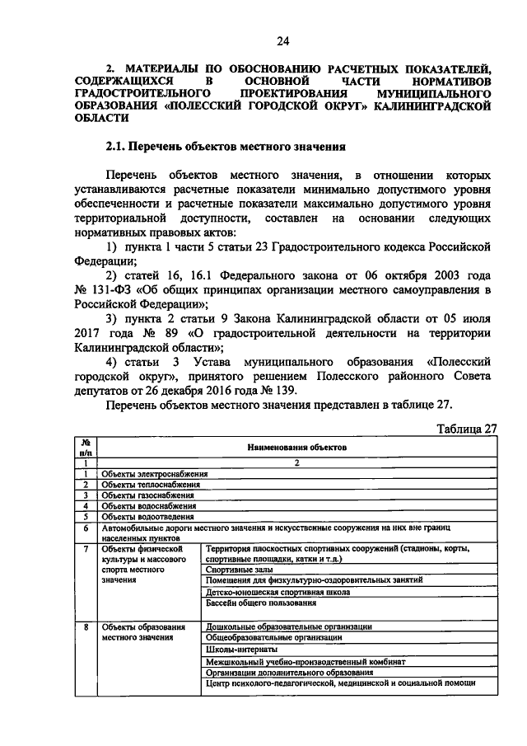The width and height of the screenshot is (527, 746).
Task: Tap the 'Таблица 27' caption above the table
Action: (x=466, y=428)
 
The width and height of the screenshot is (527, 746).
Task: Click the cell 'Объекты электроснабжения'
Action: (x=154, y=474)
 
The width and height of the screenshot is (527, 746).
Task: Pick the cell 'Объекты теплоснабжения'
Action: (x=151, y=485)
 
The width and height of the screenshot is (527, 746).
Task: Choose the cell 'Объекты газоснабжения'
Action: (x=148, y=495)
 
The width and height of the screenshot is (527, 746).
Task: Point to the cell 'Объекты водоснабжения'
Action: (x=149, y=506)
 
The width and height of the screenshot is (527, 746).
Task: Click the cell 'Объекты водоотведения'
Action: (x=148, y=517)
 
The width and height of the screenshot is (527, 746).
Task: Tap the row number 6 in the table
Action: (x=86, y=528)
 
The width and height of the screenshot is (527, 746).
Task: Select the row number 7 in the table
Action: (x=86, y=548)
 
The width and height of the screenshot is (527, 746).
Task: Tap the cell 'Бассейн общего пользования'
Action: (x=259, y=603)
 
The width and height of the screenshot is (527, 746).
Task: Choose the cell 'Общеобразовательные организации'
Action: (x=274, y=638)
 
